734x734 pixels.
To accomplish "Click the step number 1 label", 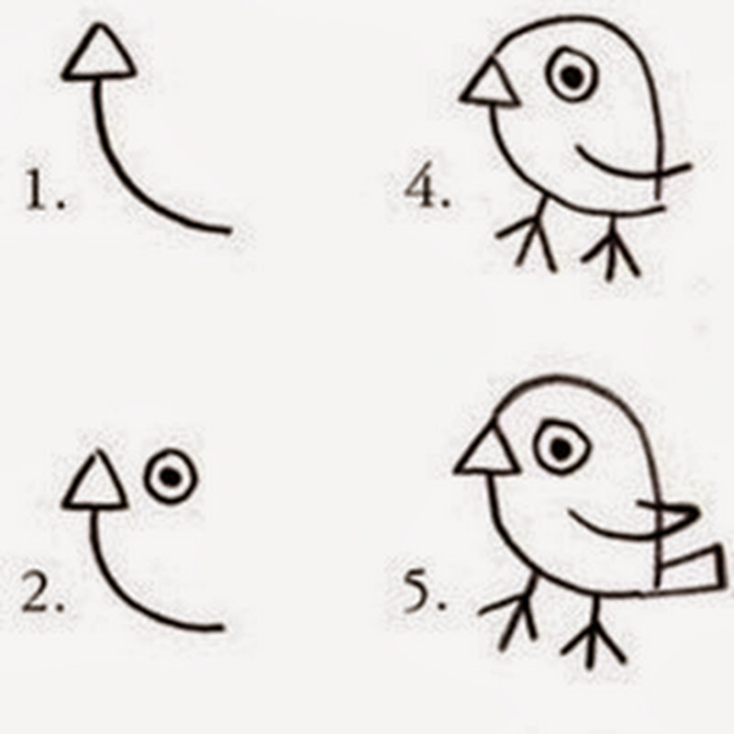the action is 44,190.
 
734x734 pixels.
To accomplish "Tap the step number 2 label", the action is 43,592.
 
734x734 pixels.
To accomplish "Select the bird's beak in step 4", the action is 489,83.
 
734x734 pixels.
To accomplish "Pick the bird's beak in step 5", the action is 486,450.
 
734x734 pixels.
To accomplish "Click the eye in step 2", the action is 171,477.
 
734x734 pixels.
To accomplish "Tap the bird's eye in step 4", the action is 572,75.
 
